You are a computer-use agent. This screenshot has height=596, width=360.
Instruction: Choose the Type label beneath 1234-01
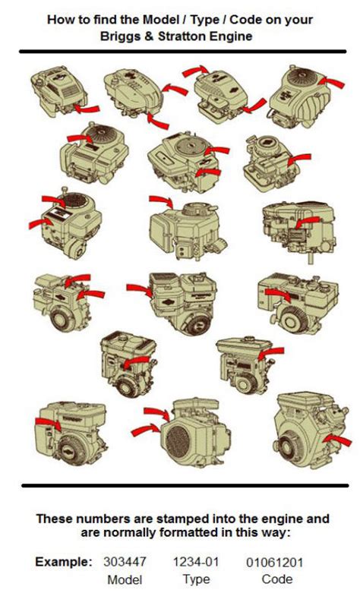point(197,579)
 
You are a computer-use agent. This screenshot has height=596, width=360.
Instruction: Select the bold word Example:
point(63,563)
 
